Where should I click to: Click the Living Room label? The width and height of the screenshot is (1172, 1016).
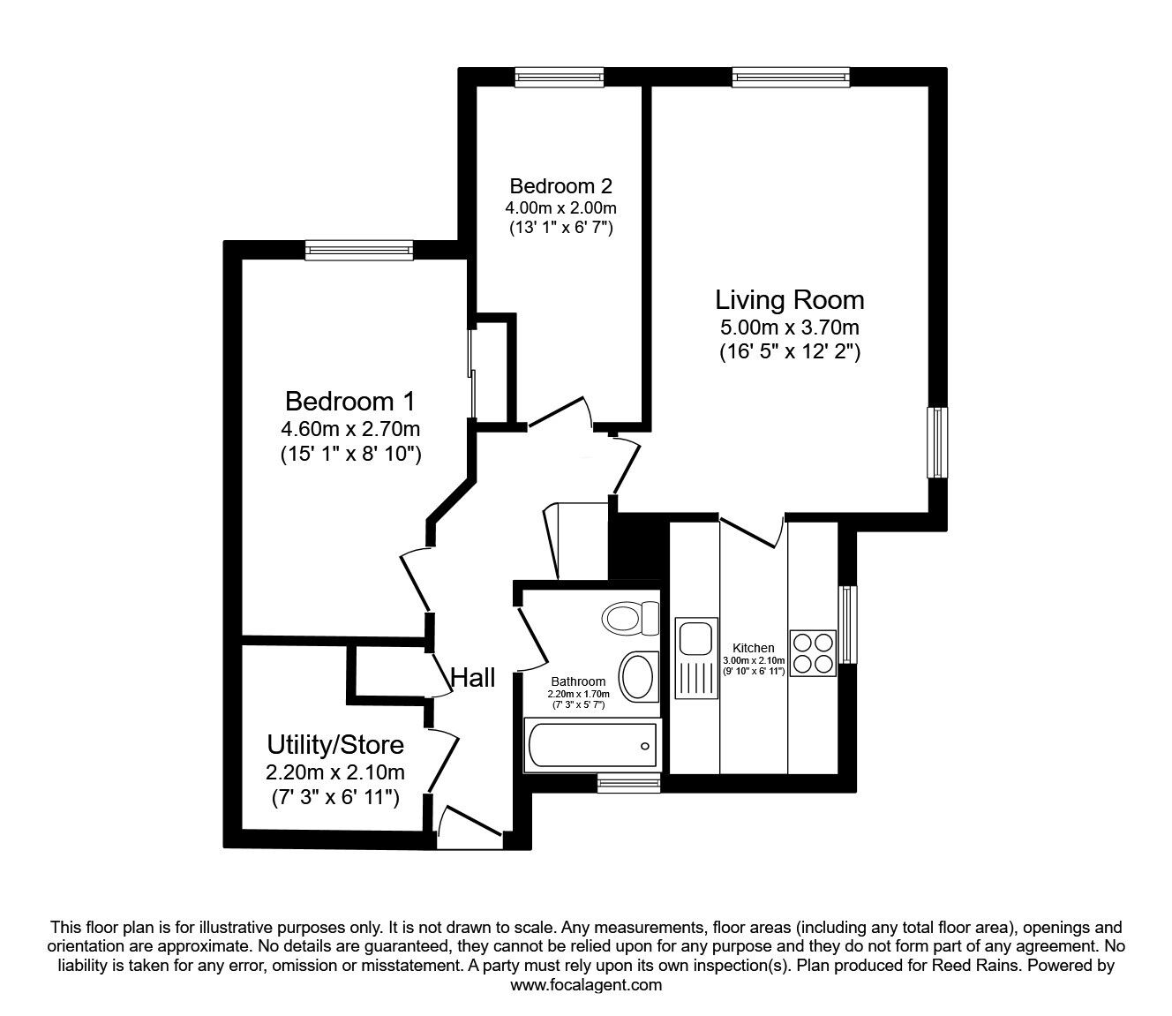click(789, 300)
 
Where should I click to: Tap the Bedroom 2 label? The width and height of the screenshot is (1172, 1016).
click(560, 186)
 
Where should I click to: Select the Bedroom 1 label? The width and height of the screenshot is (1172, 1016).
click(349, 402)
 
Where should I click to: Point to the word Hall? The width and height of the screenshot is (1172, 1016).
click(473, 678)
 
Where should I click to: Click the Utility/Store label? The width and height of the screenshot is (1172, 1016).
click(335, 745)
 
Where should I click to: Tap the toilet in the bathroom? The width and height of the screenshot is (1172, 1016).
click(630, 617)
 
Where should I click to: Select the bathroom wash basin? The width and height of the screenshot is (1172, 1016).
click(637, 676)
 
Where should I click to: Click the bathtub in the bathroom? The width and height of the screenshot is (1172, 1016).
click(591, 744)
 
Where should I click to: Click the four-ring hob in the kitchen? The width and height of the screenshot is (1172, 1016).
click(812, 653)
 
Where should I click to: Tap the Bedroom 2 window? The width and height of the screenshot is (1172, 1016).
click(560, 78)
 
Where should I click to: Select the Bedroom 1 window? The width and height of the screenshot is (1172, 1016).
click(359, 252)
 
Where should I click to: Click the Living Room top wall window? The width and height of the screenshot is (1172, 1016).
click(790, 78)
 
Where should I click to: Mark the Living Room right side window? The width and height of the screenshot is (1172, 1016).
click(936, 442)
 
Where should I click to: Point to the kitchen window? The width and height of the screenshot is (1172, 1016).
click(847, 624)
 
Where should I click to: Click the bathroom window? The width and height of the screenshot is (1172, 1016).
click(628, 780)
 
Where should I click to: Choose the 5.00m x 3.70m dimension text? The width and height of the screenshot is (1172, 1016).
click(789, 328)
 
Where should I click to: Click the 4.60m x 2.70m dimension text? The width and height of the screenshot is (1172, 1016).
click(349, 430)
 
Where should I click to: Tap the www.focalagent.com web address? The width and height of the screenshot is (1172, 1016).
click(586, 985)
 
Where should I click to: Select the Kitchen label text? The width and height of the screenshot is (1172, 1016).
click(754, 648)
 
